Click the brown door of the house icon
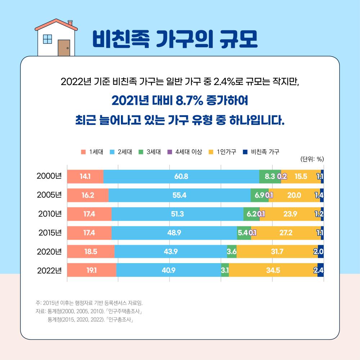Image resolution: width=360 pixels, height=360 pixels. point(64,48)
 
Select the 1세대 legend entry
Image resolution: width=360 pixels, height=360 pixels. point(93,152)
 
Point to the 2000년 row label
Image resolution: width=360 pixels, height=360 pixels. point(50,176)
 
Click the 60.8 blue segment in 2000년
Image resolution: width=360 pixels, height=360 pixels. point(181,176)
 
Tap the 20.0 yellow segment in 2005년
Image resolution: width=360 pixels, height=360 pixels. point(294,195)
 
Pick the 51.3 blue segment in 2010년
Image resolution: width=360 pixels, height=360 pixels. point(177,214)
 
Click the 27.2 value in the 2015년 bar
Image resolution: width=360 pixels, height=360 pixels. point(285,233)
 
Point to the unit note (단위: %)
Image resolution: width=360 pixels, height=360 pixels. point(312,159)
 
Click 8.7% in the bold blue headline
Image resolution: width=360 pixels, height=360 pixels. point(184,100)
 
